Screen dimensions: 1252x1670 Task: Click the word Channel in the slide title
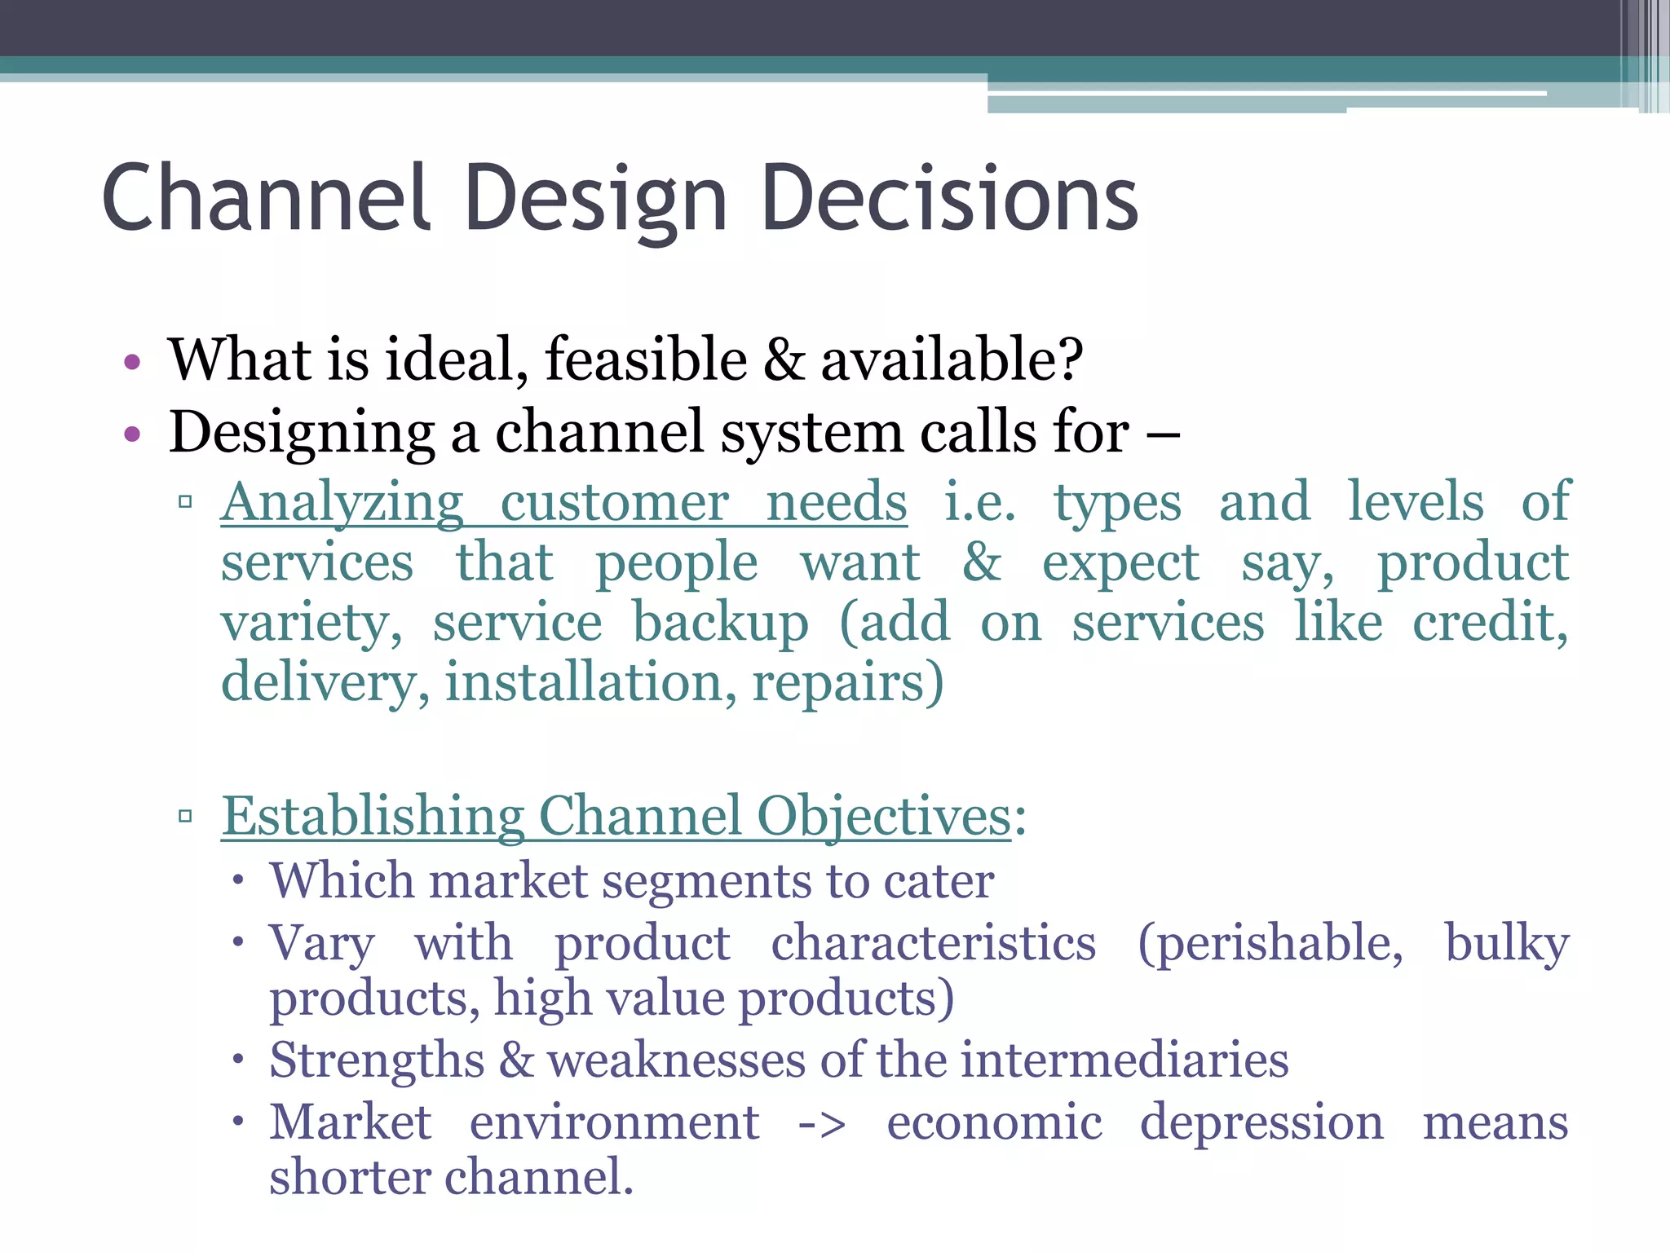tap(266, 197)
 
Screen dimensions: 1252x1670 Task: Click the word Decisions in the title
tap(949, 197)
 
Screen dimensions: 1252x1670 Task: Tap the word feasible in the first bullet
tap(646, 359)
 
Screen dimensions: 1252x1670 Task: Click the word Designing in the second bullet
tap(302, 433)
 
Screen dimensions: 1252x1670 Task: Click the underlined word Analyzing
tap(342, 503)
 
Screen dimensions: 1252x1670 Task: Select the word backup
tap(721, 623)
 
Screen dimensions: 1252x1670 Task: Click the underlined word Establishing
tap(373, 816)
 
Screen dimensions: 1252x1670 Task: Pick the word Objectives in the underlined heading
tap(884, 816)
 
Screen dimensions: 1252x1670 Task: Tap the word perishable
tap(1270, 944)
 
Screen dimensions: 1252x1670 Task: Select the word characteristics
tap(934, 944)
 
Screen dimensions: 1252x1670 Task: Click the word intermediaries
tap(1124, 1060)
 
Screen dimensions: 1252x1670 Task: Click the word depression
tap(1261, 1122)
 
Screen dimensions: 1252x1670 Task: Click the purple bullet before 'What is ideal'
tap(133, 361)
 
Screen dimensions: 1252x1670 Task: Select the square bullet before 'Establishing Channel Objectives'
tap(185, 816)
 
